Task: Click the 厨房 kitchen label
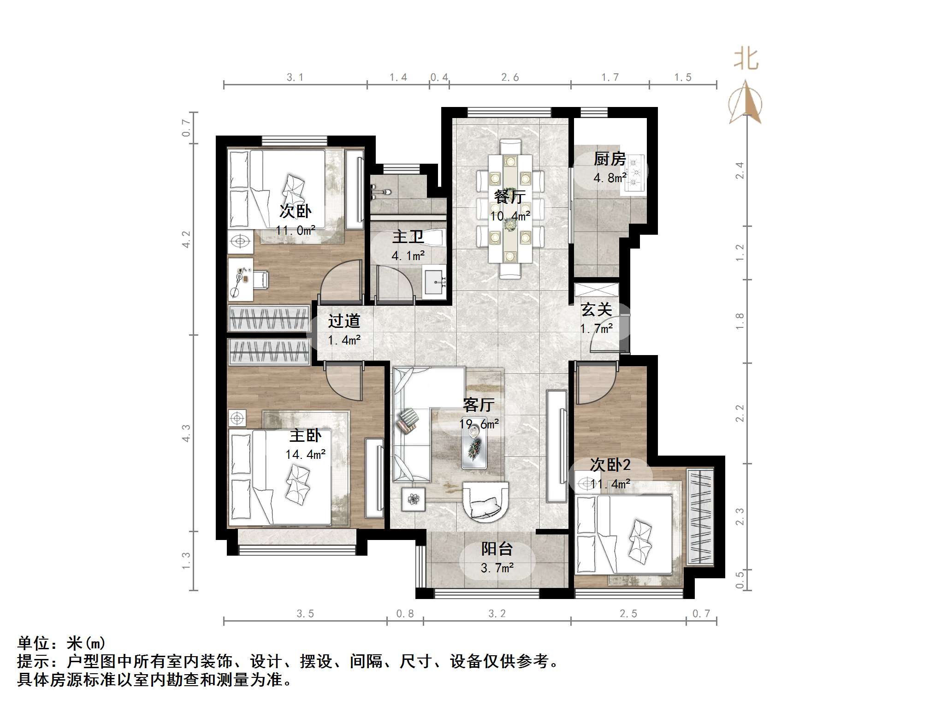pyautogui.click(x=610, y=159)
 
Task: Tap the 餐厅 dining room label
pyautogui.click(x=509, y=197)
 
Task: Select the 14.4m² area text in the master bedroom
pyautogui.click(x=305, y=454)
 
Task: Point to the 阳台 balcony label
pyautogui.click(x=497, y=549)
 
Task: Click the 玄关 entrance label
pyautogui.click(x=596, y=309)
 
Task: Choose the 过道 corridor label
pyautogui.click(x=344, y=321)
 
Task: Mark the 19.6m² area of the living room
pyautogui.click(x=479, y=424)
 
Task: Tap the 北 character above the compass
pyautogui.click(x=746, y=59)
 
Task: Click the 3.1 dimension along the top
pyautogui.click(x=295, y=77)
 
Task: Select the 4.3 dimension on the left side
pyautogui.click(x=186, y=433)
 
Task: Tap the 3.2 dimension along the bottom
pyautogui.click(x=497, y=614)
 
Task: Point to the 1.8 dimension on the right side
pyautogui.click(x=740, y=321)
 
